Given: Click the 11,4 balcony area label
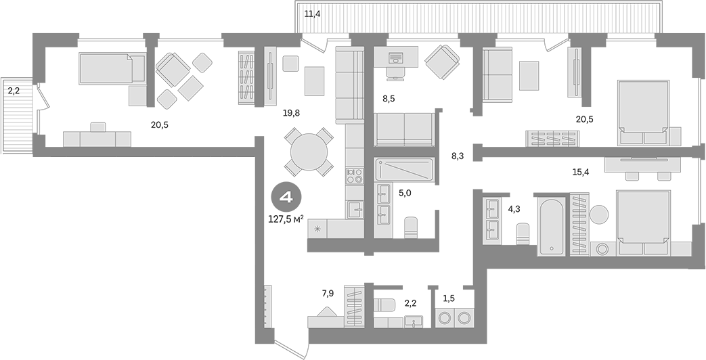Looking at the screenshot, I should pos(312,14).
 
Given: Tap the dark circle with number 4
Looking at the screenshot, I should pos(286,198).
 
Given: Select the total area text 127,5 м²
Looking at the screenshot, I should pos(286,219).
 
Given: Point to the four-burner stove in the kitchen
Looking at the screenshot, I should pos(355,176).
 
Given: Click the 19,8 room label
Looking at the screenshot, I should pos(292,113).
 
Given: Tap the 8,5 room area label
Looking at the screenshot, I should pos(389,99).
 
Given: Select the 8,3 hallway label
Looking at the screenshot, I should pos(458,156).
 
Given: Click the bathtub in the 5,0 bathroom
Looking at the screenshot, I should pos(403,170).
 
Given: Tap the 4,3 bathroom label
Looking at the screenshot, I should pos(514,209).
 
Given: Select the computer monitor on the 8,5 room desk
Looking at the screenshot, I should pos(395,56).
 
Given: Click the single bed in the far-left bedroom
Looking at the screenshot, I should pos(112,68).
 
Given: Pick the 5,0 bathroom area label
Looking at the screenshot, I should pos(403,192).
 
